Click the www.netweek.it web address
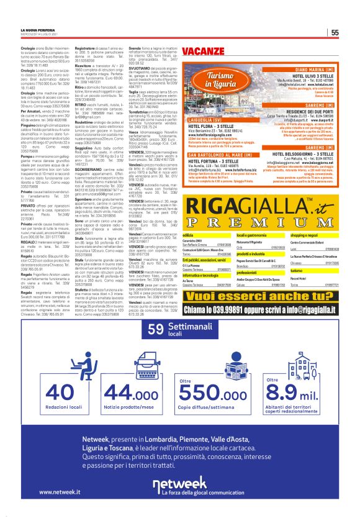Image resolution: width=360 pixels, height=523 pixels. pos(63,492)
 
